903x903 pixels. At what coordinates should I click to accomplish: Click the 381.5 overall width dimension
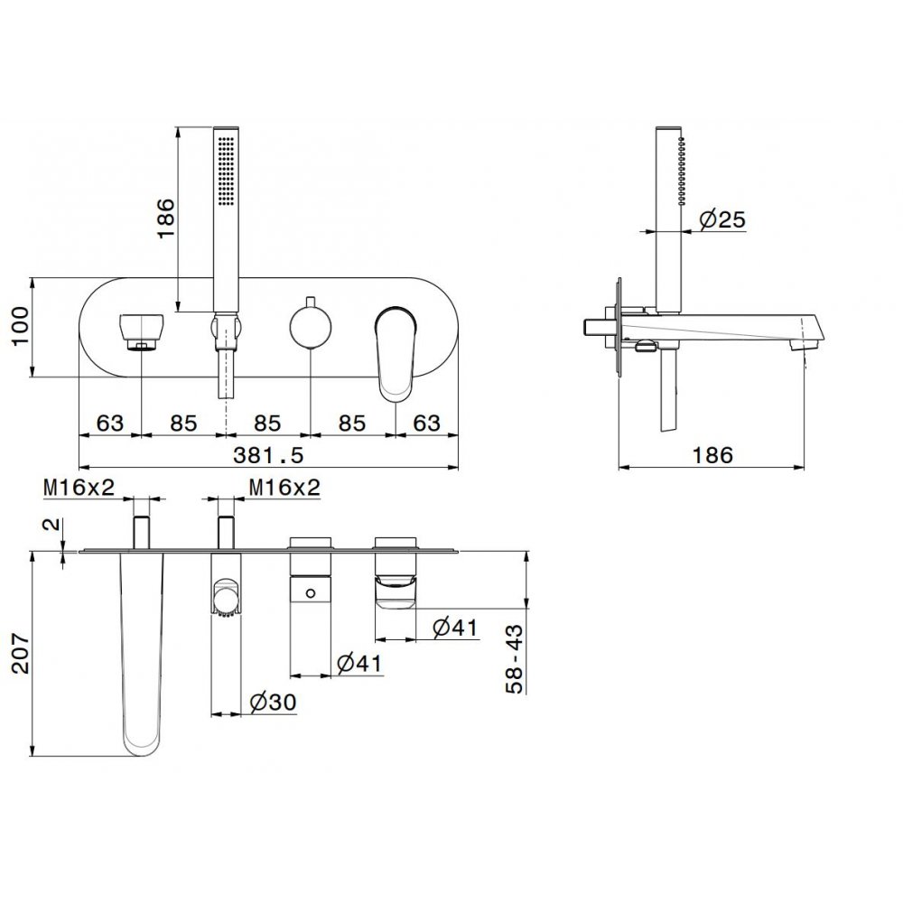(268, 455)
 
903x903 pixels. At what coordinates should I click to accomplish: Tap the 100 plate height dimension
(20, 327)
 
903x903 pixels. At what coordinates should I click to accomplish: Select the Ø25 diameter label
(722, 219)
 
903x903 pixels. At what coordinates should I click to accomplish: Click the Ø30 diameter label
(273, 702)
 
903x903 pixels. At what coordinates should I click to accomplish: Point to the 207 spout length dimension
(20, 654)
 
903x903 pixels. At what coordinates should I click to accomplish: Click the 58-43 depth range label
(515, 659)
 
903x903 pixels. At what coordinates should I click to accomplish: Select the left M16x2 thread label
(79, 488)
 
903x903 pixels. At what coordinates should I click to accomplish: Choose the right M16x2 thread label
(284, 488)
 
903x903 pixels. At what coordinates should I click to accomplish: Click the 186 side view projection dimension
(712, 455)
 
